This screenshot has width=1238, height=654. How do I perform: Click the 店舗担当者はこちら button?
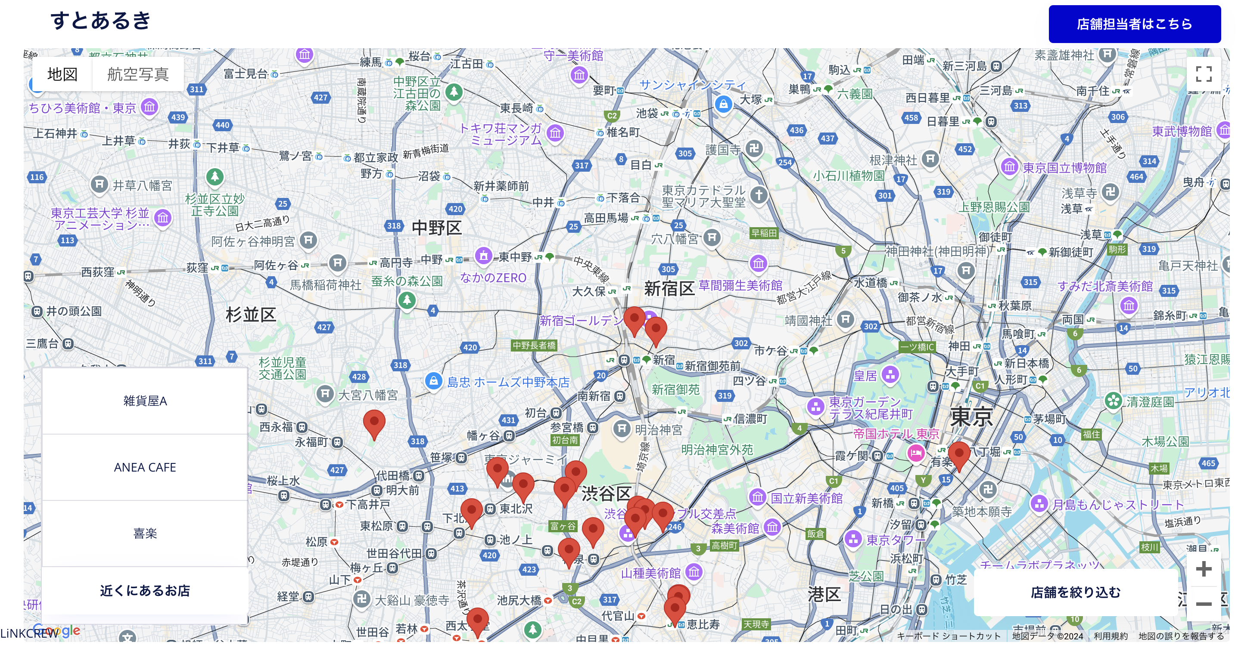(1134, 24)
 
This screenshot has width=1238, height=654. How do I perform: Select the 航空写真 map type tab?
(137, 74)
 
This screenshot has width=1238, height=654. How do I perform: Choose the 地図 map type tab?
(62, 74)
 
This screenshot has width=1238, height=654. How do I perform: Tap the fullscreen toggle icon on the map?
(1203, 74)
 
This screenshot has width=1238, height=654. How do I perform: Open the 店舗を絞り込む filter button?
(1075, 592)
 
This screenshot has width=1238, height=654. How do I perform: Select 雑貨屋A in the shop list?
(145, 401)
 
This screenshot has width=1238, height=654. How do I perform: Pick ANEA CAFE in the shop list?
(145, 467)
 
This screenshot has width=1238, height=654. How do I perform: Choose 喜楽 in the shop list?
(145, 533)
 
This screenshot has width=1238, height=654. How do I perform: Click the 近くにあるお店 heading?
(145, 591)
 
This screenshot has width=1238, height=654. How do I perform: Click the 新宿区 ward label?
(669, 289)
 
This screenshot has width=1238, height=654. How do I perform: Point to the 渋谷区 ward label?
(607, 493)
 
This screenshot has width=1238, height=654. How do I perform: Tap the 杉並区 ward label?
(251, 315)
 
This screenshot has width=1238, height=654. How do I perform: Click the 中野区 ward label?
(436, 228)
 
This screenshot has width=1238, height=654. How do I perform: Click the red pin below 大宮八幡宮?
(374, 423)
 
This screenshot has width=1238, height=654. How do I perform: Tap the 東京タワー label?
(895, 540)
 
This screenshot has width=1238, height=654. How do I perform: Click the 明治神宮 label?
(658, 430)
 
